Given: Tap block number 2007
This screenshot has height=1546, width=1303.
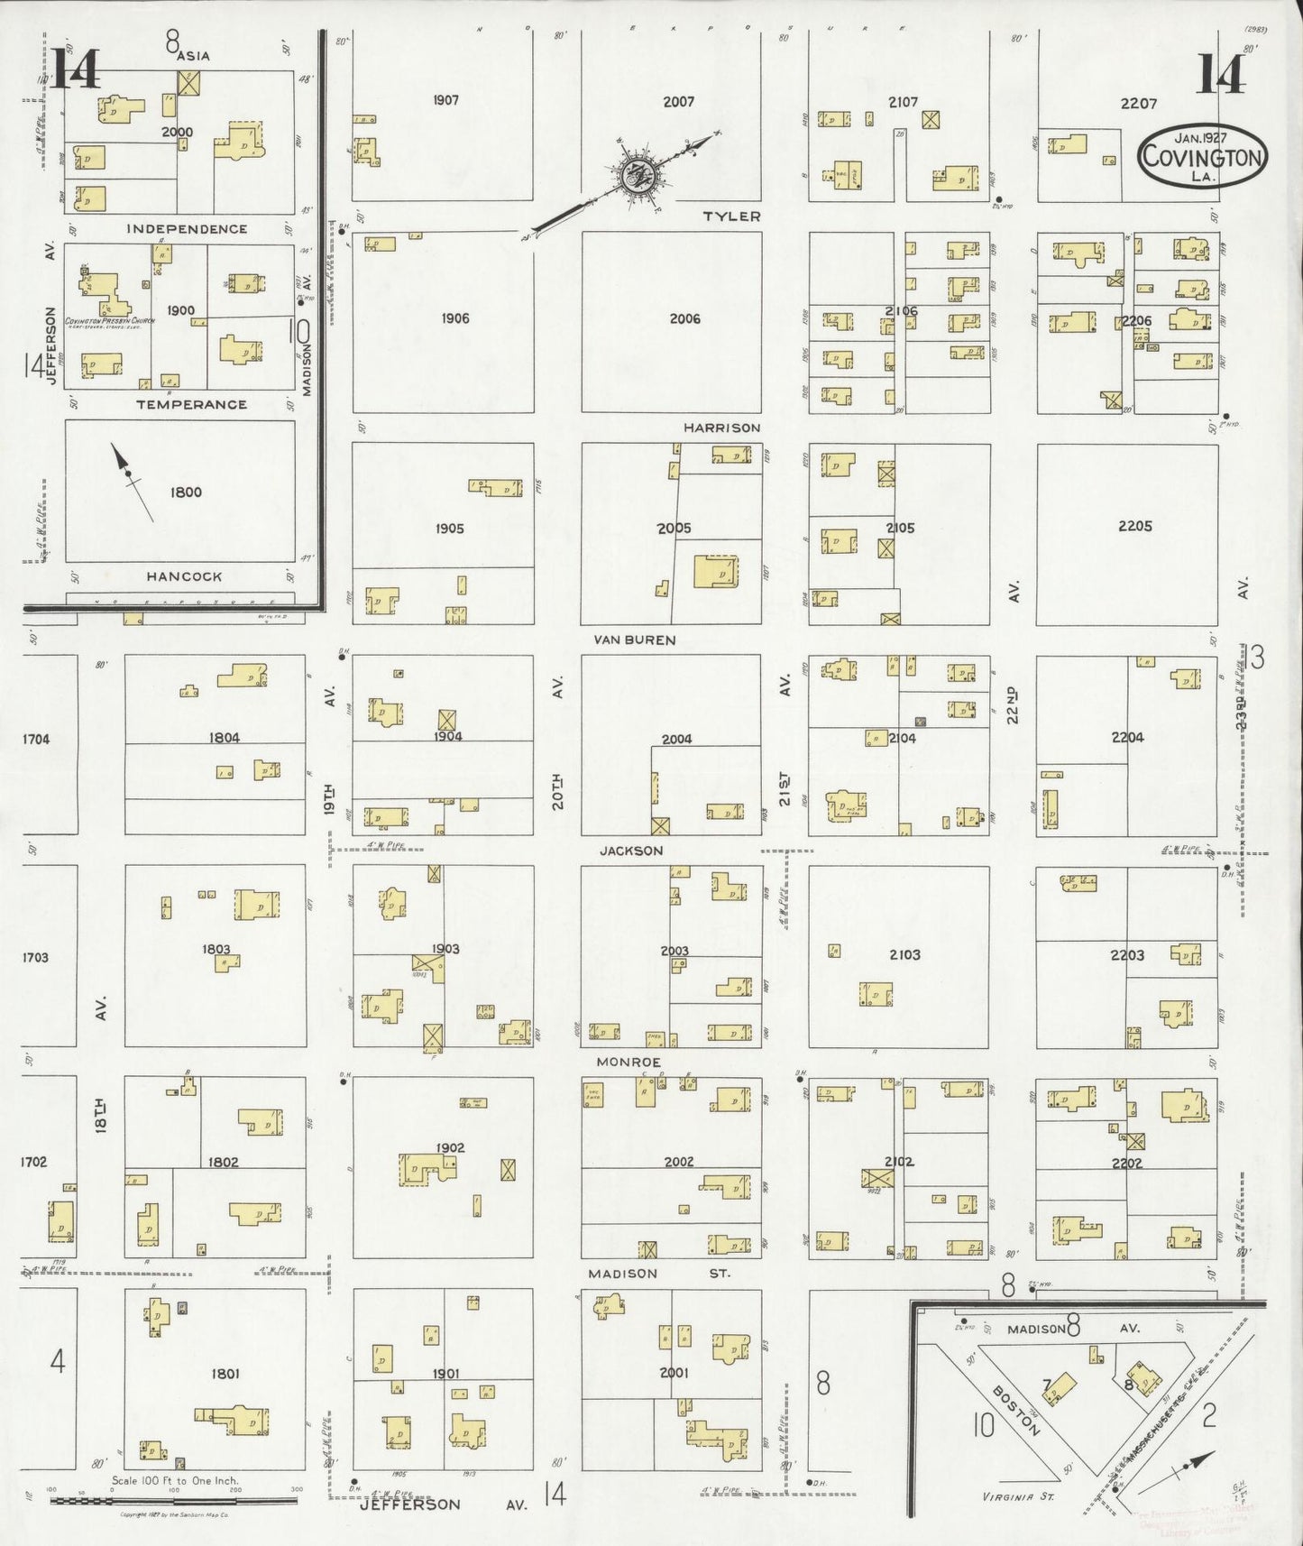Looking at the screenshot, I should click(678, 102).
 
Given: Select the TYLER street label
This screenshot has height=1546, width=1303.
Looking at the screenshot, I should click(731, 216).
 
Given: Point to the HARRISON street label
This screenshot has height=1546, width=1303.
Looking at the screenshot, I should click(721, 428).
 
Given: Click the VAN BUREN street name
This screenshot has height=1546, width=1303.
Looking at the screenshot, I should click(634, 640).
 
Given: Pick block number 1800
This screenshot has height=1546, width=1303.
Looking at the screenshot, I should click(186, 492).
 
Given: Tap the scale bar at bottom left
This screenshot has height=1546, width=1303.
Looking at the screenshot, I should click(173, 1500).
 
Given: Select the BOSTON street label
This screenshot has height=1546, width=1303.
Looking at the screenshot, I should click(1017, 1410).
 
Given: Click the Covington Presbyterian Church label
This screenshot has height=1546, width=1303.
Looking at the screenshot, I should click(109, 321).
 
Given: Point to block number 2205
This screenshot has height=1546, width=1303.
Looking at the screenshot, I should click(1134, 526).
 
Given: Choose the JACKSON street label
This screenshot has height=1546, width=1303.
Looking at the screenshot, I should click(631, 851).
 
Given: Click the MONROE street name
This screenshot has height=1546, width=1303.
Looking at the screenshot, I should click(629, 1063).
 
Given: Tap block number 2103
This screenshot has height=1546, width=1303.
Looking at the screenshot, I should click(904, 954).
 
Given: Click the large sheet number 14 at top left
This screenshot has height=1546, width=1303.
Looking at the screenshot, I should click(74, 69).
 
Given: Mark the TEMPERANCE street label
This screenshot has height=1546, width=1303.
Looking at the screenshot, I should click(191, 404).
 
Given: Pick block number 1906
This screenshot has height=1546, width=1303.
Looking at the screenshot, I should click(455, 318).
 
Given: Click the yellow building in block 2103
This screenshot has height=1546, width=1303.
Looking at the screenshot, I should click(875, 994).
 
